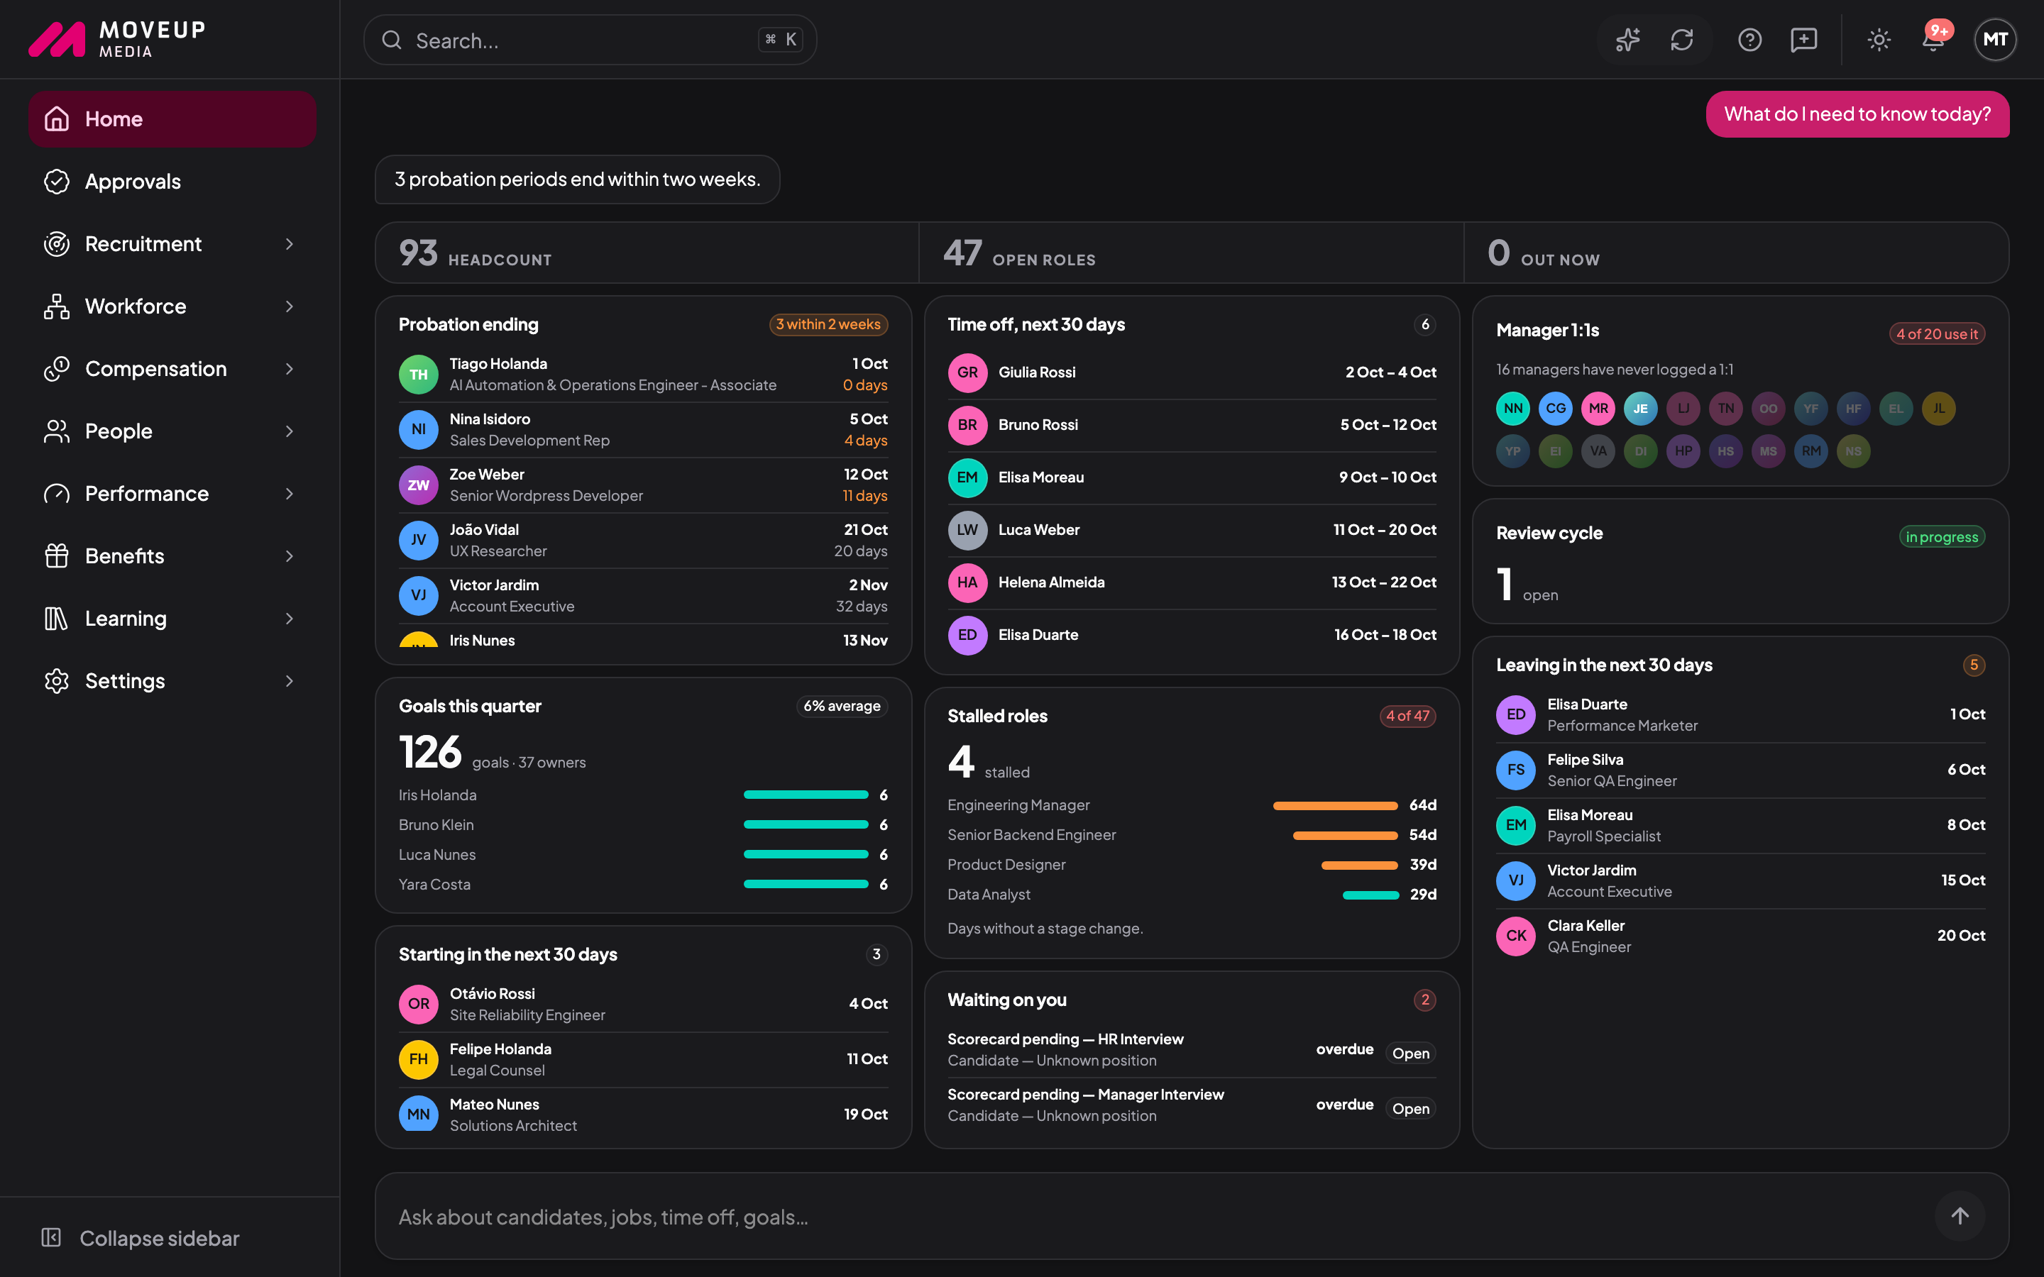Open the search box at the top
[590, 40]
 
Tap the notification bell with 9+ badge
[1934, 39]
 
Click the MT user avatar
[1995, 40]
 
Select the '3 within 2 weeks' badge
[828, 324]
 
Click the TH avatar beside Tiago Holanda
[418, 374]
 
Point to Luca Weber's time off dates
[1385, 529]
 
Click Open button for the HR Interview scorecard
[1410, 1054]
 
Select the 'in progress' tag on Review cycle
[1942, 537]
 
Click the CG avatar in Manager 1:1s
[1556, 409]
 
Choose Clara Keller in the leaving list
[1586, 926]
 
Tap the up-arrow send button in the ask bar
[1960, 1216]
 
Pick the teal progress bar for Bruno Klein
[806, 825]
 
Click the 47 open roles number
[962, 253]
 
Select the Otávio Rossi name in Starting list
[492, 993]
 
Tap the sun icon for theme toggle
[1879, 40]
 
